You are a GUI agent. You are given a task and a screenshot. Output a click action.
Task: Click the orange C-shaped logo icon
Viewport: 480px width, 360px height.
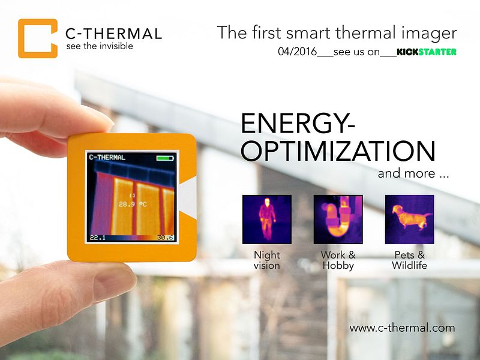pos(37,38)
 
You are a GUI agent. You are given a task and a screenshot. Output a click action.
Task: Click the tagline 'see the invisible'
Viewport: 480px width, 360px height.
pos(100,46)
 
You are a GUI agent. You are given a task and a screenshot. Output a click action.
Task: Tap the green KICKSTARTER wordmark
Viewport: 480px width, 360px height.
pos(427,52)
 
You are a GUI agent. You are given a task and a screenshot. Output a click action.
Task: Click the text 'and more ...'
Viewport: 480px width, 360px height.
pos(413,175)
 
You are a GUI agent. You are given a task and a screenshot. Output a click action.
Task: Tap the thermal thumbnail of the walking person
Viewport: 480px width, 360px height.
pos(266,219)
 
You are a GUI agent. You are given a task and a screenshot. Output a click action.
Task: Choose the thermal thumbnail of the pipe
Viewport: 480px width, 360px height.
pos(338,219)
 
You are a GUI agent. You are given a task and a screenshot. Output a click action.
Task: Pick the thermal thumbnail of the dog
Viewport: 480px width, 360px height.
pos(409,219)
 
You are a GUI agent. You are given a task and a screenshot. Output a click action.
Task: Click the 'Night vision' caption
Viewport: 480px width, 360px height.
pos(266,260)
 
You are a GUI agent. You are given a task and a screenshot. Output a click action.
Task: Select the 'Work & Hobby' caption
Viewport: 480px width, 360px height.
pos(338,260)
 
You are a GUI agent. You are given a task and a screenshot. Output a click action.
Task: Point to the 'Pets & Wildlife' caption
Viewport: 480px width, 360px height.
pos(409,260)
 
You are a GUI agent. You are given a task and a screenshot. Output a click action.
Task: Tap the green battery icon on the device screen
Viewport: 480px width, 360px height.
pos(164,158)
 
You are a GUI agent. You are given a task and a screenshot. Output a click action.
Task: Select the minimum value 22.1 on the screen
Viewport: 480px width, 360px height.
pos(97,238)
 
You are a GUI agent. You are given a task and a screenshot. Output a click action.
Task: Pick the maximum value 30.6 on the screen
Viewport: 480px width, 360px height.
pos(166,238)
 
